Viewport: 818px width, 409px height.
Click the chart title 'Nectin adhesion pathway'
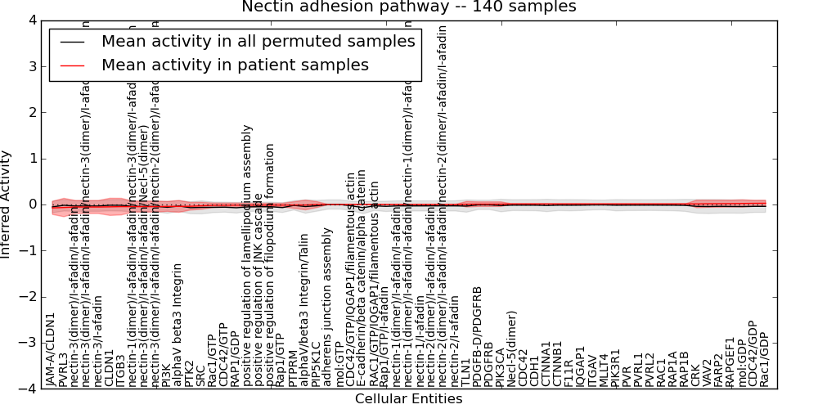pyautogui.click(x=408, y=7)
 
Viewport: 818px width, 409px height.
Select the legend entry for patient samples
pyautogui.click(x=235, y=65)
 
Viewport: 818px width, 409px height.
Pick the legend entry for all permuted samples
pyautogui.click(x=258, y=41)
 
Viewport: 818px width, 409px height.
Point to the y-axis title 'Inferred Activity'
pyautogui.click(x=7, y=204)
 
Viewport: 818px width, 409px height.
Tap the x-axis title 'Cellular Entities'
pyautogui.click(x=408, y=399)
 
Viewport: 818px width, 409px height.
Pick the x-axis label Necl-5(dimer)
pyautogui.click(x=512, y=348)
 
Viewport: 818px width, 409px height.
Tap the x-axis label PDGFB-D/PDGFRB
pyautogui.click(x=478, y=337)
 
